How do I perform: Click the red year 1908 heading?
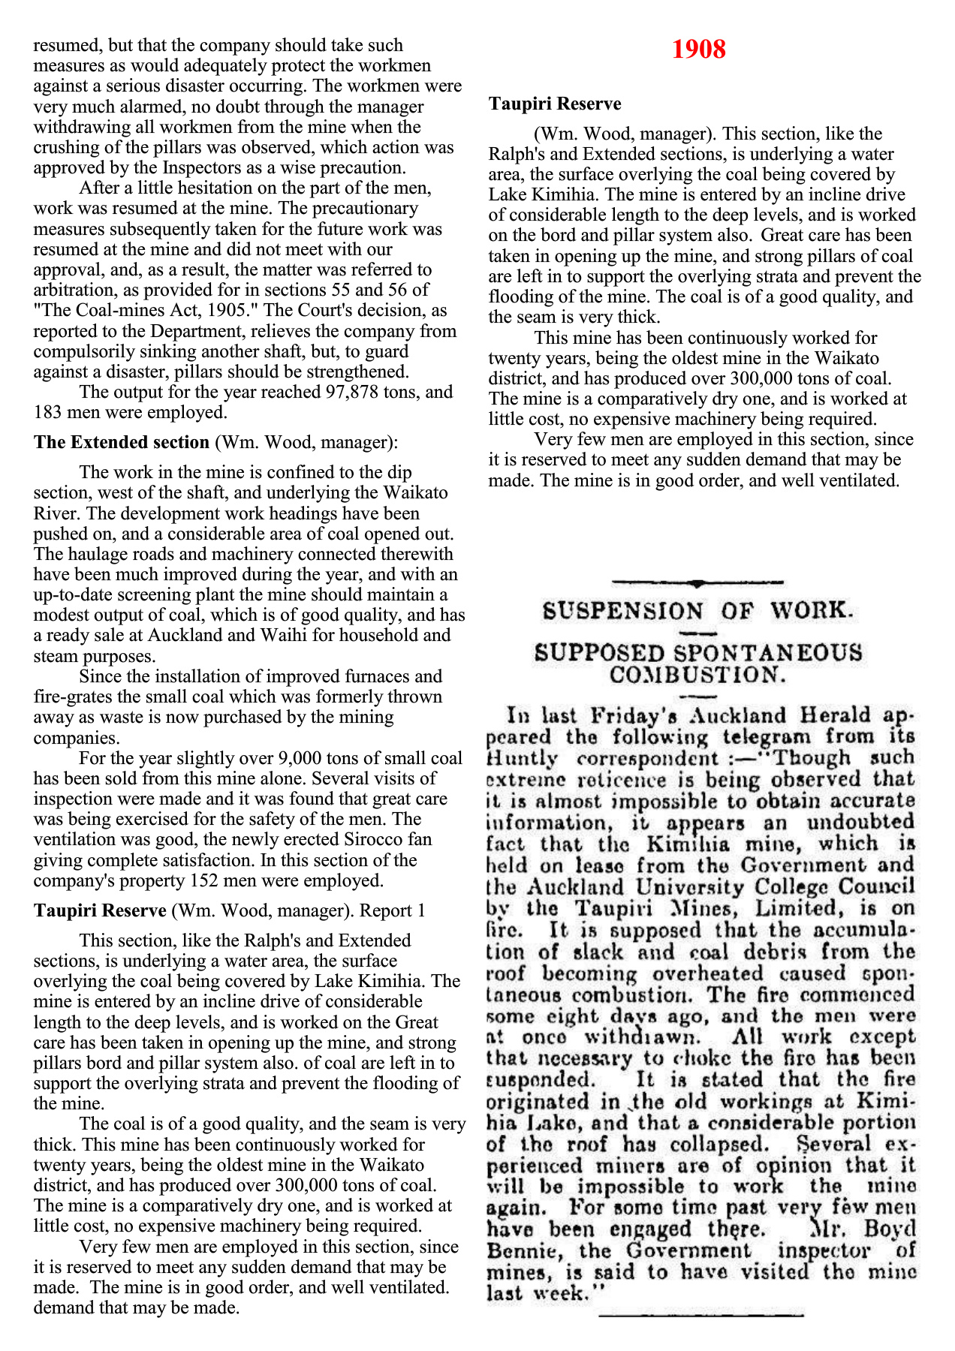(x=698, y=50)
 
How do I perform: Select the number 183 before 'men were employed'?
(x=47, y=413)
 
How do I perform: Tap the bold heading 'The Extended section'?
(x=121, y=443)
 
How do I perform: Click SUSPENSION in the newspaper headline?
(x=623, y=610)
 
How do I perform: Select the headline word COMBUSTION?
(x=697, y=675)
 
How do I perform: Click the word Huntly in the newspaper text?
(x=522, y=759)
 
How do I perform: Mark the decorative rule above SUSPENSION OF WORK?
(x=698, y=582)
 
